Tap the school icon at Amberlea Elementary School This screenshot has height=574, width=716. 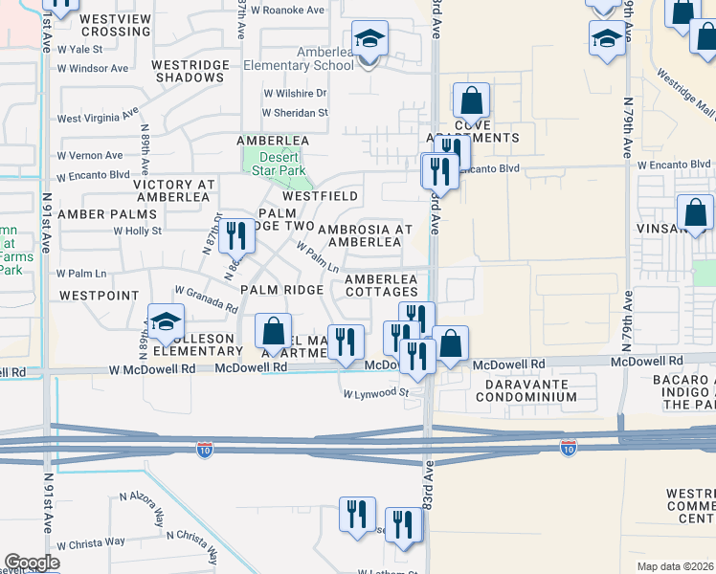point(369,40)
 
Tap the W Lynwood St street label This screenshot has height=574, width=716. point(376,393)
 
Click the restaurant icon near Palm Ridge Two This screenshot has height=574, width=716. point(233,235)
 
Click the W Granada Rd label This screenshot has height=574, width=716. point(206,298)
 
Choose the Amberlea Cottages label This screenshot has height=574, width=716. point(381,284)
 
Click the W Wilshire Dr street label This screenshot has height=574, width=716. point(296,94)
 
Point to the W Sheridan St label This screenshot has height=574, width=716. point(296,112)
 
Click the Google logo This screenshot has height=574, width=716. point(32,563)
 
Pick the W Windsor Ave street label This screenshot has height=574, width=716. point(93,69)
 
